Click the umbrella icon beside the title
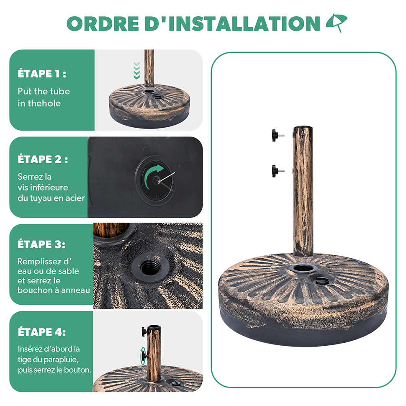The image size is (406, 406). click(337, 22)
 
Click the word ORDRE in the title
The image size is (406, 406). click(103, 23)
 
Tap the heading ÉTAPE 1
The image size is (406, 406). click(42, 74)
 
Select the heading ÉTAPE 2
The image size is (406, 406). click(43, 159)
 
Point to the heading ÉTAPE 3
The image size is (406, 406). click(41, 244)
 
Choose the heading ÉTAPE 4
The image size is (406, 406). click(42, 331)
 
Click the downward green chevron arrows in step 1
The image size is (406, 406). click(137, 70)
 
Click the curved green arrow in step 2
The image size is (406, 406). click(153, 176)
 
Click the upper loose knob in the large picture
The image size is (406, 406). click(278, 135)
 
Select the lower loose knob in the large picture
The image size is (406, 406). click(278, 171)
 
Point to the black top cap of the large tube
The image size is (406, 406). click(303, 128)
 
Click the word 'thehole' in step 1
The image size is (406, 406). click(44, 103)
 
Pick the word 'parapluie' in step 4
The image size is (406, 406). click(61, 360)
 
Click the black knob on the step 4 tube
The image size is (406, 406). click(144, 331)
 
